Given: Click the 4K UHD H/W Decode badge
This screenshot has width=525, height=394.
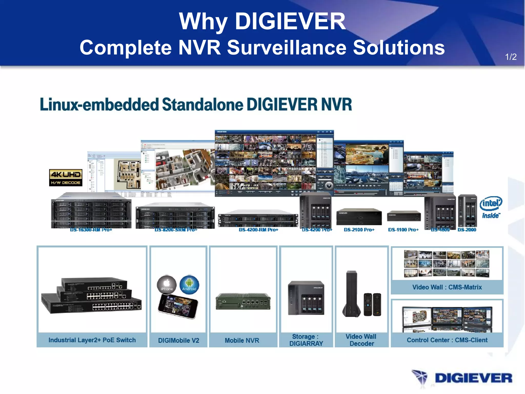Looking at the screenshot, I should (66, 178).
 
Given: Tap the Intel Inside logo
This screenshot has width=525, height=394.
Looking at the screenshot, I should (491, 208).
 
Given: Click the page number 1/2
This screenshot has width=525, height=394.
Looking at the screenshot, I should (511, 57).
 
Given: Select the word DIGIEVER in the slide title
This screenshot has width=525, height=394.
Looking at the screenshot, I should (290, 21).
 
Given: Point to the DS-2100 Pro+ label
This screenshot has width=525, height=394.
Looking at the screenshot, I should (359, 230).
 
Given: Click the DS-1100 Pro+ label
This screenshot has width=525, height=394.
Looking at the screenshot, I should (403, 230).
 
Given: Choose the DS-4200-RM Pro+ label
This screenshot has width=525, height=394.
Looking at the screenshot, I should (258, 230).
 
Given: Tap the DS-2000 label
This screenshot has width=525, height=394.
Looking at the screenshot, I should (467, 230).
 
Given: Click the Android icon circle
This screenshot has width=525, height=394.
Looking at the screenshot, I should (189, 285).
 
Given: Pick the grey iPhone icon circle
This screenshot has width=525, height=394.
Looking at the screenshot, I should (167, 285).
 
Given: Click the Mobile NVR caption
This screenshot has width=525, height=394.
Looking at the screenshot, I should (242, 340).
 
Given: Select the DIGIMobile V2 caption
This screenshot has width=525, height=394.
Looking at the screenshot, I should (178, 340).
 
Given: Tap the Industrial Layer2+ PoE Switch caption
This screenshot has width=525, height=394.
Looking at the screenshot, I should (92, 340).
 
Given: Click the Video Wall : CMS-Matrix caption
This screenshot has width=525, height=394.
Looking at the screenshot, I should (447, 287).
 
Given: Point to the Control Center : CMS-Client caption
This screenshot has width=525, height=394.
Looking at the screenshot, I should (447, 340).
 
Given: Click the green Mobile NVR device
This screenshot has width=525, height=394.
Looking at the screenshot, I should (243, 301).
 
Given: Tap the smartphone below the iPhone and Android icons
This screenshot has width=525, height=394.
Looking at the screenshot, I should (178, 307).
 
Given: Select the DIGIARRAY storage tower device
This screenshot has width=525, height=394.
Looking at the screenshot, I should (306, 298).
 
